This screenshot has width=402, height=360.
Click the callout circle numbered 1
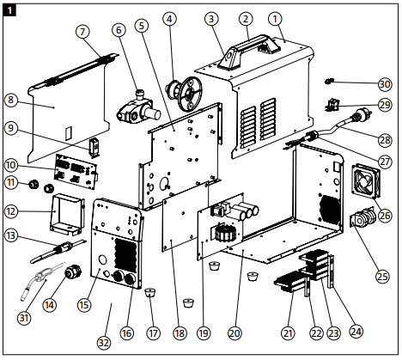click(275, 17)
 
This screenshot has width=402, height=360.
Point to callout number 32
click(103, 342)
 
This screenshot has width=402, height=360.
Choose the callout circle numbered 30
click(383, 83)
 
